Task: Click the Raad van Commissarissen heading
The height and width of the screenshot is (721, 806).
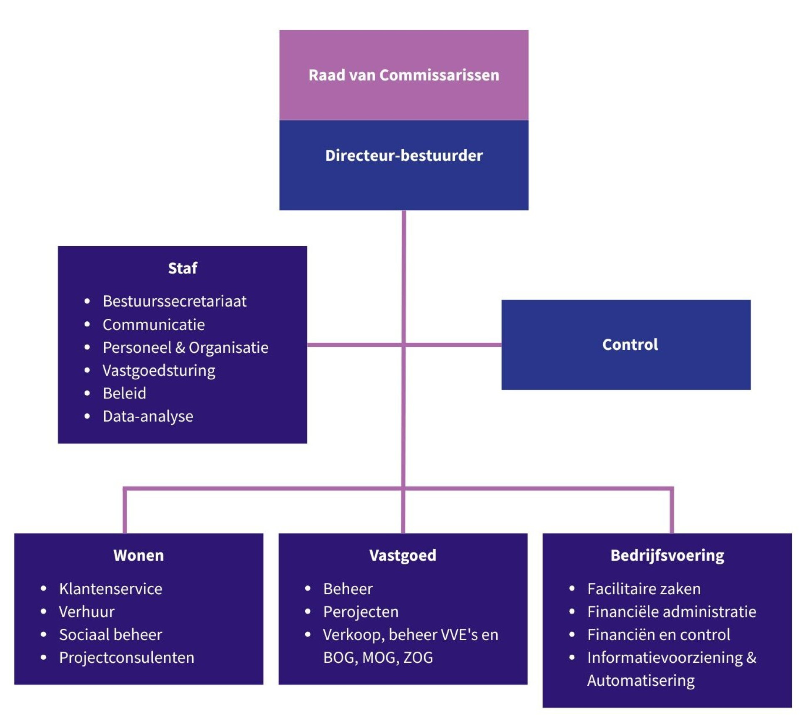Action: [404, 75]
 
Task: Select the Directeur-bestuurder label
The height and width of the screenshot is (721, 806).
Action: [404, 156]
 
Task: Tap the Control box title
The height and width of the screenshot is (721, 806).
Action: [630, 344]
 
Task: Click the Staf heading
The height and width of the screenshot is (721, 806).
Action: [183, 268]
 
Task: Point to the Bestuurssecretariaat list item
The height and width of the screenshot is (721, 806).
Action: [175, 301]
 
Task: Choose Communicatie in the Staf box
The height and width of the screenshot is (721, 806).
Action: [154, 324]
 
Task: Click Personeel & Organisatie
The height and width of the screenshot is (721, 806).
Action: [186, 348]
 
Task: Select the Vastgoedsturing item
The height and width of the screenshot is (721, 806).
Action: [159, 371]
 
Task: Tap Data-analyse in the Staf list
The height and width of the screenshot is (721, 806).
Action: [148, 416]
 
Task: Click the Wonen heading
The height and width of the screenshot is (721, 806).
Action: [139, 555]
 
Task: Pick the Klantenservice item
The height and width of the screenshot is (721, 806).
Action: [110, 589]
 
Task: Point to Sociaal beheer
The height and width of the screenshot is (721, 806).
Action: [110, 635]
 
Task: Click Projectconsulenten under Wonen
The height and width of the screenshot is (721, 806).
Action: [127, 658]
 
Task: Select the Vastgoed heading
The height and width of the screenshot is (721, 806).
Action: [403, 555]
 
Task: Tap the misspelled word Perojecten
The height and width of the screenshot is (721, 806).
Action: [361, 612]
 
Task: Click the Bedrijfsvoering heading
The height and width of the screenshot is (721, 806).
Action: [667, 555]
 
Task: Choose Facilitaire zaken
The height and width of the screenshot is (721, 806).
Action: [644, 589]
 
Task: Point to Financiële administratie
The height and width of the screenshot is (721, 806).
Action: [672, 612]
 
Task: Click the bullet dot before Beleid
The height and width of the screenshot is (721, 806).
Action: [87, 393]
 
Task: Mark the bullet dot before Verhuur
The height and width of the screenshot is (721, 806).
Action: [44, 612]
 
